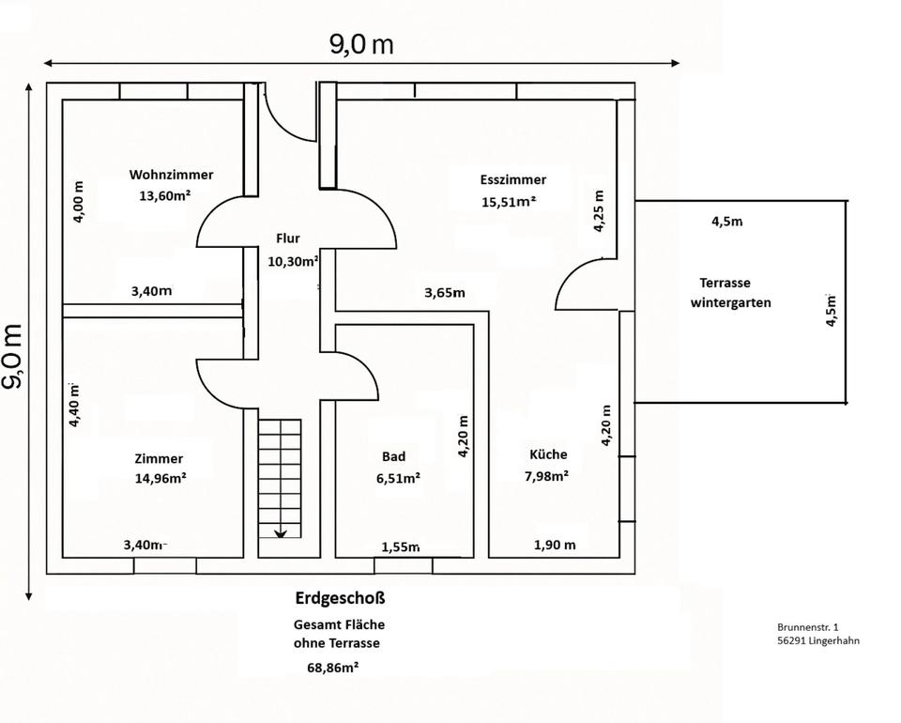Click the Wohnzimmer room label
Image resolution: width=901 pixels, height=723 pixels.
click(x=171, y=175)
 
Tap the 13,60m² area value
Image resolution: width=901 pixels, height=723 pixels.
click(x=165, y=195)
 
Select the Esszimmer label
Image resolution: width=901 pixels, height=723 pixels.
click(x=513, y=179)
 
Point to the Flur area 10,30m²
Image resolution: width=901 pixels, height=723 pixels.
click(x=293, y=261)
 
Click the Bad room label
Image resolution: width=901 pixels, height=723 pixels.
click(x=393, y=456)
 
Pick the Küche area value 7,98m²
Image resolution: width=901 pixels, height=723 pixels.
click(x=546, y=476)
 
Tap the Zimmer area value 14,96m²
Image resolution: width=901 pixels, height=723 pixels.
click(x=160, y=478)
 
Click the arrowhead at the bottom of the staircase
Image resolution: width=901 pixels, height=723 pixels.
click(x=280, y=534)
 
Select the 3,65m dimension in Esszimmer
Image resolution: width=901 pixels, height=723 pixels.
click(x=445, y=293)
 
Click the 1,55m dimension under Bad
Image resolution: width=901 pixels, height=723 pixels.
click(x=401, y=547)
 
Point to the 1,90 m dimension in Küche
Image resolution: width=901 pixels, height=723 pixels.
click(x=555, y=545)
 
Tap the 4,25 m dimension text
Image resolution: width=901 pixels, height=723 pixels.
click(x=599, y=211)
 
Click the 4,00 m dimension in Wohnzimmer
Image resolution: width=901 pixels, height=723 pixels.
click(x=79, y=202)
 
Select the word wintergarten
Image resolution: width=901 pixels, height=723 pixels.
click(x=730, y=303)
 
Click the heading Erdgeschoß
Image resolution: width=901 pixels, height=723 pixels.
click(x=340, y=598)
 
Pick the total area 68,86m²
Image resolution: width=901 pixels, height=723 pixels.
click(x=333, y=668)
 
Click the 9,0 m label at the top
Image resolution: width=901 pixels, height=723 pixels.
click(x=361, y=44)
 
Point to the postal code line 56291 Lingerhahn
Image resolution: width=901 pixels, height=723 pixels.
click(x=818, y=640)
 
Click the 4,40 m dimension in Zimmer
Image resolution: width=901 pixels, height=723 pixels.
click(x=74, y=406)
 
